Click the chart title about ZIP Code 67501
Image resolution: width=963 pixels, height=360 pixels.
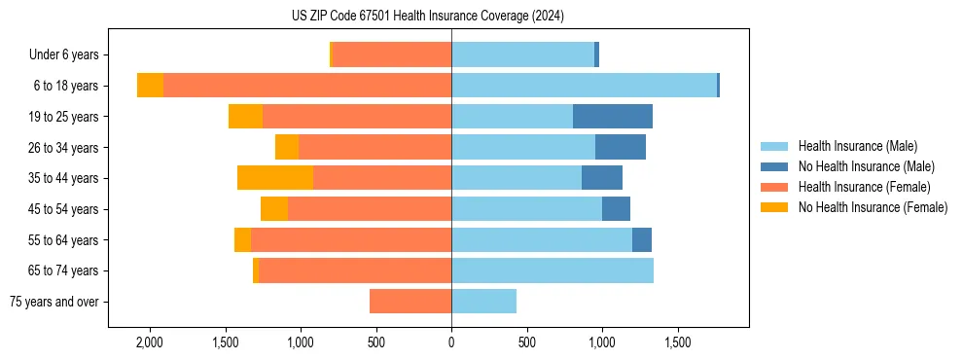point(427,17)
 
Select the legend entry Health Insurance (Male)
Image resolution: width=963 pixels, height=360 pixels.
point(855,146)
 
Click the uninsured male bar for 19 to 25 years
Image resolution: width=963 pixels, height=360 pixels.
point(613,117)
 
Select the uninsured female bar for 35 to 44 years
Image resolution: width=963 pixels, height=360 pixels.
point(275,178)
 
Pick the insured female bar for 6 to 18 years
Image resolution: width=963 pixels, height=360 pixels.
point(307,86)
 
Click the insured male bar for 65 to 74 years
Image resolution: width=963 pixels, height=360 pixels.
point(553,270)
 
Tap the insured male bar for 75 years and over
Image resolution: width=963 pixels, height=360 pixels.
point(483,302)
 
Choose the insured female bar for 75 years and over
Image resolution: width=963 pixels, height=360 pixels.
point(410,302)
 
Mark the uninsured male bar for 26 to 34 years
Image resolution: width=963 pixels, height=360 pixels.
point(621,147)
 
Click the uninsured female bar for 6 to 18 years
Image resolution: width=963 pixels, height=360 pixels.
point(150,86)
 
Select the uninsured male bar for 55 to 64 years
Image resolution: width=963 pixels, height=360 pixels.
point(642,239)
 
